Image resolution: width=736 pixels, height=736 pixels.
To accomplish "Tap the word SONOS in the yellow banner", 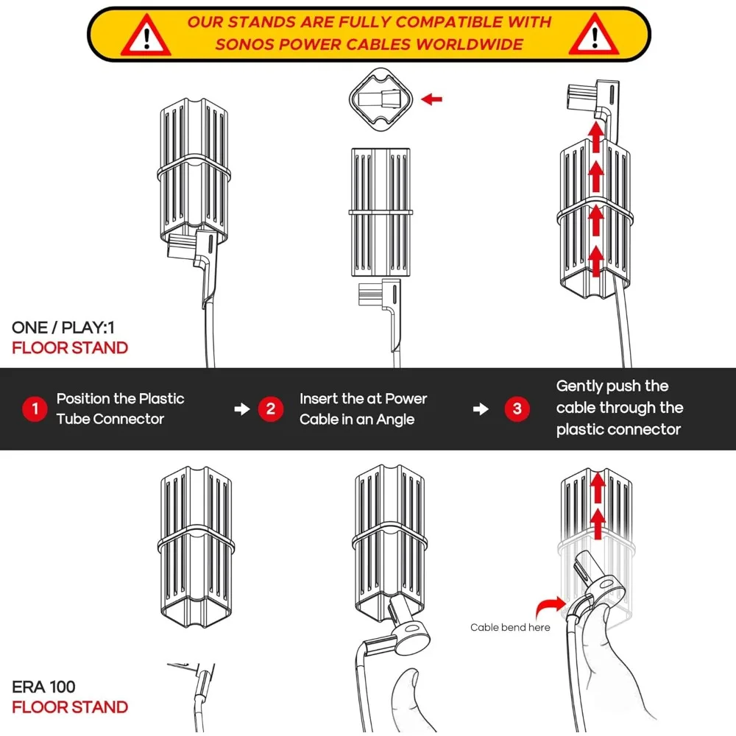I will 245,44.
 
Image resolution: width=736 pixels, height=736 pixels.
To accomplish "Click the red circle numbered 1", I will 34,409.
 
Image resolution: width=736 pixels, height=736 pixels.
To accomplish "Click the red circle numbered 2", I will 270,409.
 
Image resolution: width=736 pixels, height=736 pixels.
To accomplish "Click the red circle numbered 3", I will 517,409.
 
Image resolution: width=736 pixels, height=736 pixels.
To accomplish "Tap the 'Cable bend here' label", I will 510,628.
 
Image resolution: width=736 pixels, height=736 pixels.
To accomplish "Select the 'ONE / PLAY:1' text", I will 63,328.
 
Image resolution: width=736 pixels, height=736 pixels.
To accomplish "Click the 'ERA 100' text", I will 43,687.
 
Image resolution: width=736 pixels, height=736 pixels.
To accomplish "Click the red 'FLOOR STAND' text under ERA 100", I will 70,707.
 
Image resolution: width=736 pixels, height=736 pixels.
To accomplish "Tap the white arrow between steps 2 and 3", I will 481,409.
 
